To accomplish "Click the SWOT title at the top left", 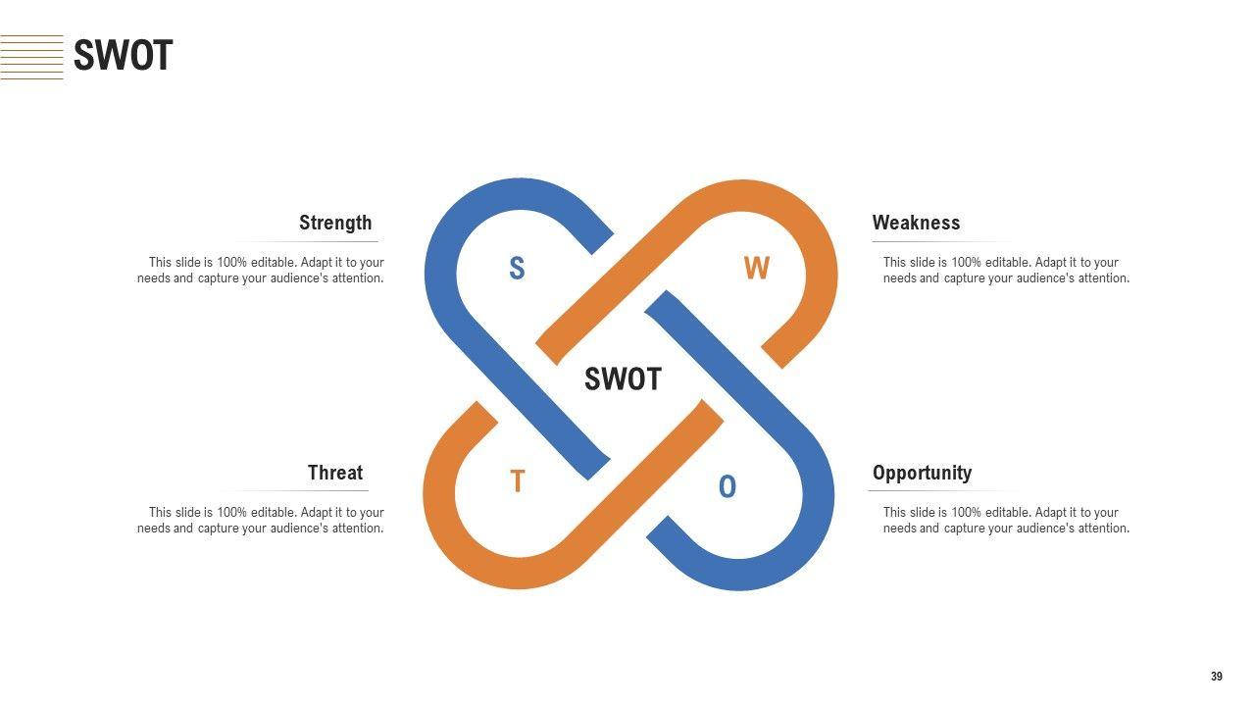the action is tap(123, 56).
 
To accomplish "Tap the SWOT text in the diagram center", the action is tap(623, 379).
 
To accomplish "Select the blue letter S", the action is tap(517, 269).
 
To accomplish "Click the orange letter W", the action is tap(756, 269).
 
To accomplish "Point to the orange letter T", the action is tap(518, 482).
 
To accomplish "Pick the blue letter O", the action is tap(727, 486).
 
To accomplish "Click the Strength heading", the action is tap(335, 223).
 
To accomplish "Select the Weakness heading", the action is tap(916, 223).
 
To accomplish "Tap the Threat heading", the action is tap(335, 473).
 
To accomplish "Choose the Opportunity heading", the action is tap(922, 473).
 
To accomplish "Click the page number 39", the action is tap(1217, 677).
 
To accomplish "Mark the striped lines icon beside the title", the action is tap(31, 57).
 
